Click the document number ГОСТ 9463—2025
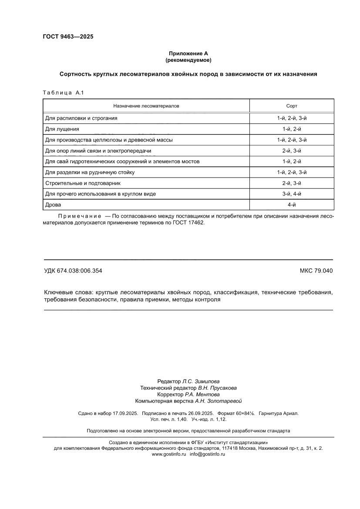point(68,37)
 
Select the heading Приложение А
point(188,53)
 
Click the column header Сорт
point(292,106)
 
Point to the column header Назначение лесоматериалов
point(146,106)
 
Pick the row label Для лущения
point(62,129)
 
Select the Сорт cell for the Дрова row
point(292,205)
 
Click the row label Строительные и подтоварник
point(83,183)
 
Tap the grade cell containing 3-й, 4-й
point(292,194)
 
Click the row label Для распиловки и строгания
point(81,118)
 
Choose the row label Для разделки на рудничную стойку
point(90,172)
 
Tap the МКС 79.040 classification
point(316,271)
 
